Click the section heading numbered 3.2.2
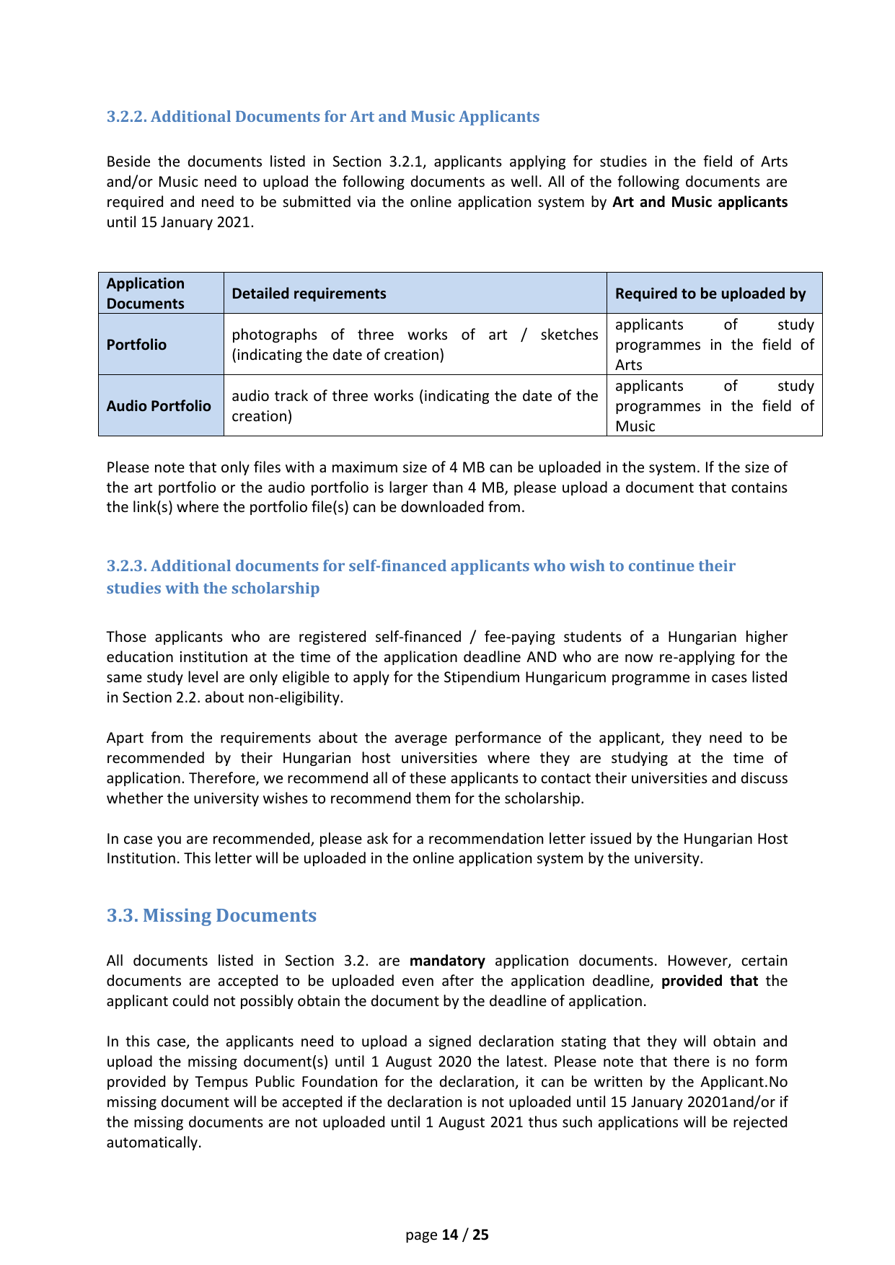tap(322, 117)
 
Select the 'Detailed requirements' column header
tap(309, 294)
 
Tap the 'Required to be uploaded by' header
tap(710, 294)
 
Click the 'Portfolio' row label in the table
tap(136, 345)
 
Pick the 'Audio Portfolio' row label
tap(159, 406)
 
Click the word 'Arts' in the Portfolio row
tap(628, 365)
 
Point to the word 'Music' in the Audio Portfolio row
tap(635, 426)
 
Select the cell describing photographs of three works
tap(415, 345)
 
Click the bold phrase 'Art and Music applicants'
tap(700, 202)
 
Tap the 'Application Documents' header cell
tap(146, 294)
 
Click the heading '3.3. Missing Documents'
tap(211, 915)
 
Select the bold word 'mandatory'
tap(447, 961)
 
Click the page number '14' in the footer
tap(450, 1235)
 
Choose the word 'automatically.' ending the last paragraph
tap(154, 1142)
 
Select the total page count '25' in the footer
tap(480, 1235)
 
